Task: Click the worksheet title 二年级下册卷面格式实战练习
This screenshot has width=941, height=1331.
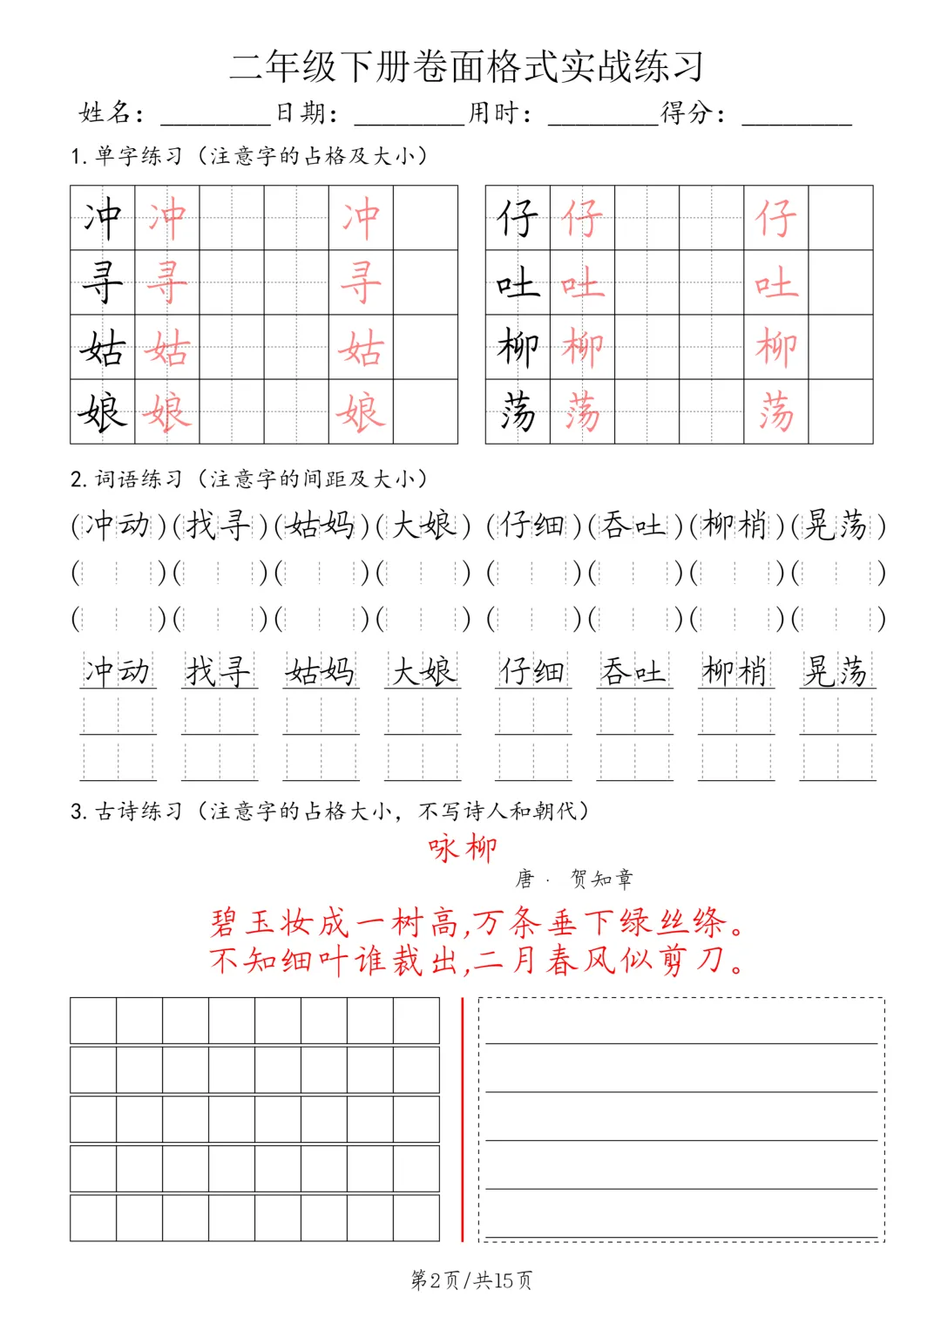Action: coord(467,67)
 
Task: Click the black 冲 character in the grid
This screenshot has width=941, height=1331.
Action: coord(103,218)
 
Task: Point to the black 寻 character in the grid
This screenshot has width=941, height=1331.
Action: coord(103,282)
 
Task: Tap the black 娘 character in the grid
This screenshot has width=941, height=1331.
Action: coord(103,411)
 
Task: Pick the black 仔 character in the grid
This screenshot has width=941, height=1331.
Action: coord(518,218)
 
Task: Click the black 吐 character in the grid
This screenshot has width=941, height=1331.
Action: coord(518,282)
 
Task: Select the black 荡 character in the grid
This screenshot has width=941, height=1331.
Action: coord(518,411)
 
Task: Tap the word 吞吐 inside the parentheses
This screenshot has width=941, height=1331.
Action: coord(633,525)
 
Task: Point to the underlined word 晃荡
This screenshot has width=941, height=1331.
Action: coord(836,671)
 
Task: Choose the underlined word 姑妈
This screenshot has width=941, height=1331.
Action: coord(321,671)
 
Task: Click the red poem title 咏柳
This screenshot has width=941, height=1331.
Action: coord(463,847)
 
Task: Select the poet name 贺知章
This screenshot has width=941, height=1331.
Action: coord(602,879)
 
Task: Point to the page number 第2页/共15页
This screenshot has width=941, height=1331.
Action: coord(471,1280)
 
